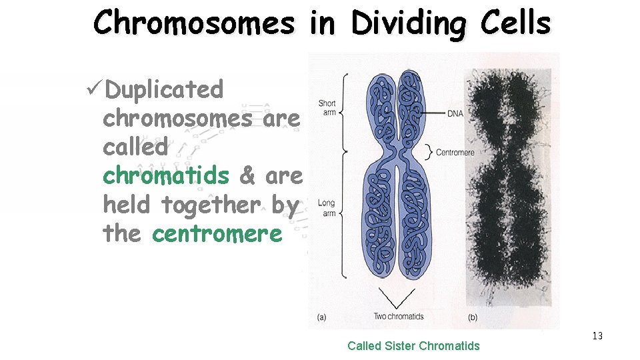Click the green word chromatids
pos(166,175)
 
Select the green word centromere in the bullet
pos(217,233)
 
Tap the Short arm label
pos(327,108)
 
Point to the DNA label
pos(455,114)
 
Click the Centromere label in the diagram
pos(455,153)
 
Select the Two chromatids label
pos(398,316)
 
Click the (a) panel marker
pos(321,318)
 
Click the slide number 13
pos(597,336)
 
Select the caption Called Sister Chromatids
pos(413,345)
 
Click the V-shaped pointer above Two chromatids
pos(397,298)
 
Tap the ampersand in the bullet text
pos(247,175)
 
